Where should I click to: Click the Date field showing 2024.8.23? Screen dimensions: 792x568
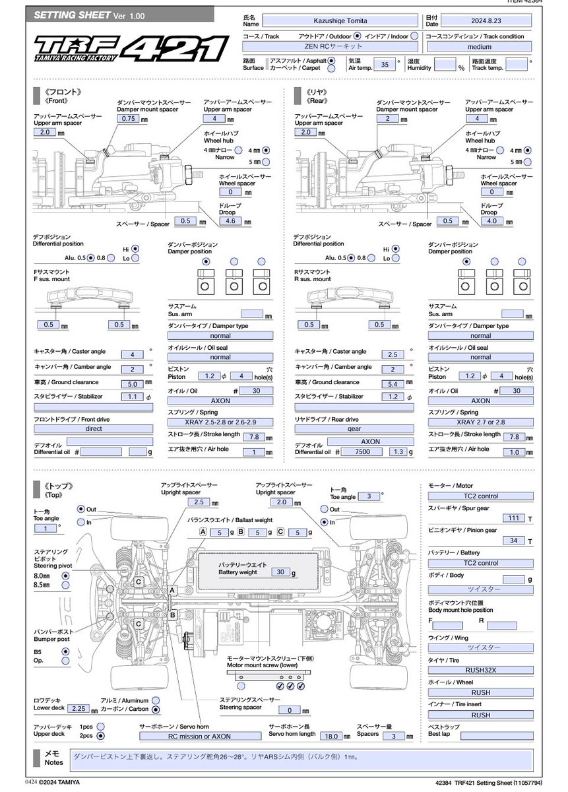pos(486,21)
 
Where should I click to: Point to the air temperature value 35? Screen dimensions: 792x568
pos(385,65)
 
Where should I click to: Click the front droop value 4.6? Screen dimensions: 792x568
pos(230,221)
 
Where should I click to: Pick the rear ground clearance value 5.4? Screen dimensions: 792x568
pos(393,383)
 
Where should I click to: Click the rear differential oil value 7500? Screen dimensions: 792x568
pos(362,452)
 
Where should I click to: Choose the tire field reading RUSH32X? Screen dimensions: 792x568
pos(480,670)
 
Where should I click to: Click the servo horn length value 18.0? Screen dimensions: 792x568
pos(331,736)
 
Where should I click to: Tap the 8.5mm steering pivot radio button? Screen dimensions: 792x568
pos(65,585)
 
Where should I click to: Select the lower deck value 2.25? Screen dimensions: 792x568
pos(79,709)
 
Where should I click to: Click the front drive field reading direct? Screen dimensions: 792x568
pos(93,428)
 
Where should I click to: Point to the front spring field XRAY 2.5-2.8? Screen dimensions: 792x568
pos(220,422)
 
